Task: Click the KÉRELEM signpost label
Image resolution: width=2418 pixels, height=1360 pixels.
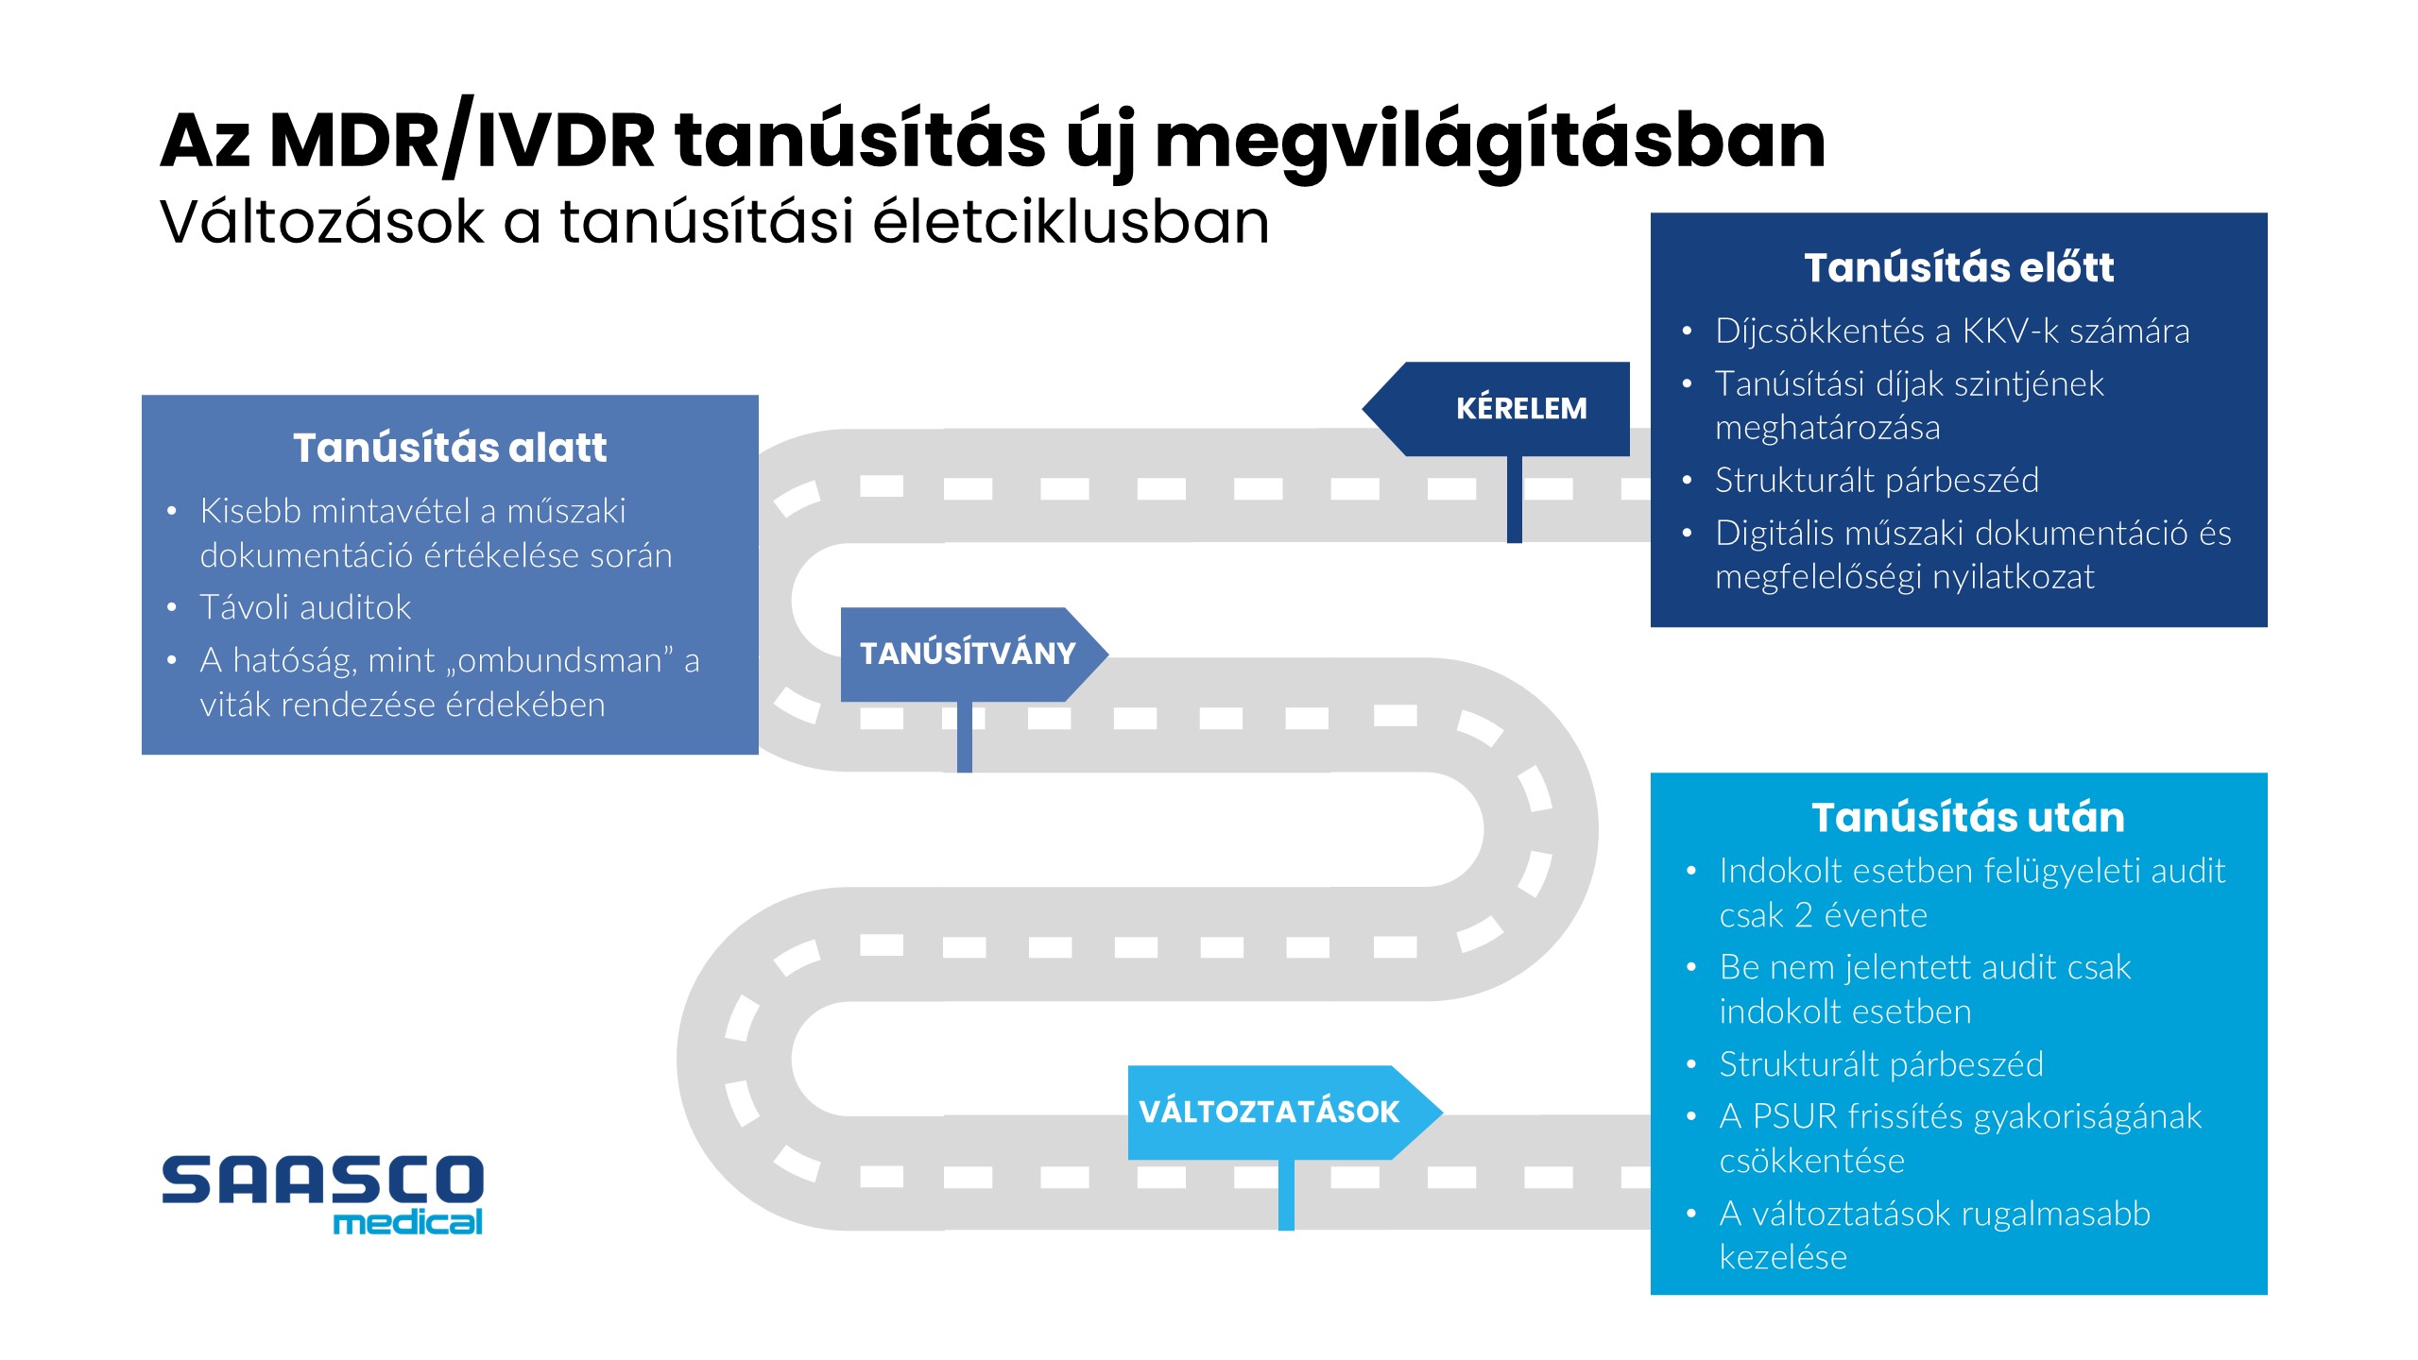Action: coord(1520,408)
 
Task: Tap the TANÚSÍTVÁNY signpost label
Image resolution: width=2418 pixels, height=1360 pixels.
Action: coord(967,653)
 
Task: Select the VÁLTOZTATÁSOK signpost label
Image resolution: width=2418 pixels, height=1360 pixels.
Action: coord(1268,1112)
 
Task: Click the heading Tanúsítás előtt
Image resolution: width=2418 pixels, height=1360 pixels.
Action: coord(1958,267)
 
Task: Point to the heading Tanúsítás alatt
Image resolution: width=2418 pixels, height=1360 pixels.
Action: coord(449,448)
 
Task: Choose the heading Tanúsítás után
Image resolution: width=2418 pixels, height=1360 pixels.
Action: coord(1967,817)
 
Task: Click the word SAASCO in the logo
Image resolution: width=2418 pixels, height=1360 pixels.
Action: coord(322,1180)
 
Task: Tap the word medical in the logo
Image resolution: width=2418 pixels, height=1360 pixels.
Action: coord(407,1223)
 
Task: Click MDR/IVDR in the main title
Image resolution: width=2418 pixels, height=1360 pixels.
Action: coord(462,142)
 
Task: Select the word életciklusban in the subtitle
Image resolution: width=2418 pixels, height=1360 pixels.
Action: coord(1071,222)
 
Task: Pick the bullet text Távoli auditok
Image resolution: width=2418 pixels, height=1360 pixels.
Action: coord(305,607)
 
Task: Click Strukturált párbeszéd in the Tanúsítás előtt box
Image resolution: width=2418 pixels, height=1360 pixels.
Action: coord(1877,480)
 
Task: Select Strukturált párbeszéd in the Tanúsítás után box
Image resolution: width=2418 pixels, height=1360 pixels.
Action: coord(1880,1064)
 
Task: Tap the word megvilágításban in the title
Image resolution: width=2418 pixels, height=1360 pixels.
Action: coord(1490,142)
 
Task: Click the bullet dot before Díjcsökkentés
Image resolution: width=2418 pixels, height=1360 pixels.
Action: coord(1687,331)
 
